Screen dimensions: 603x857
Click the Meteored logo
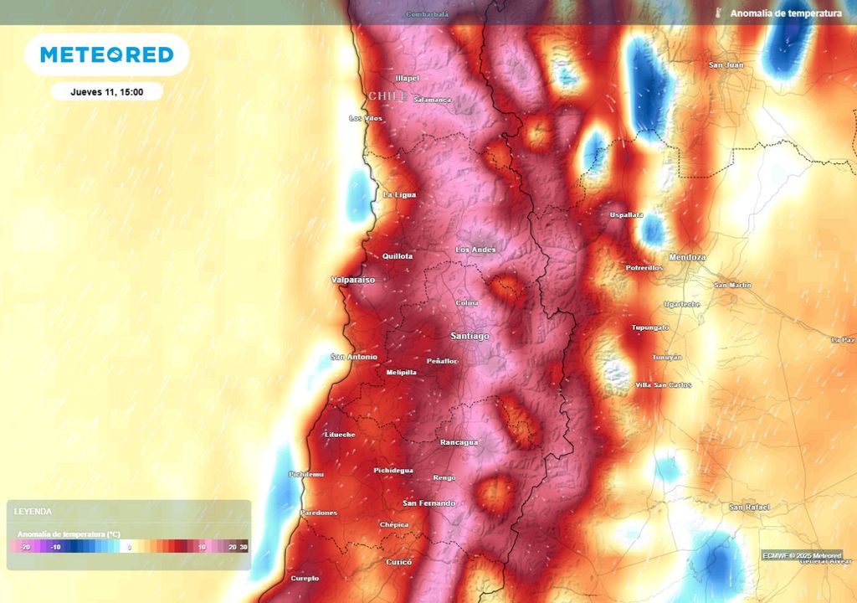(x=106, y=55)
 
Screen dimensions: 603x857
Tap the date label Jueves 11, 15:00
(x=106, y=92)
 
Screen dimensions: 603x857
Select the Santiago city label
(x=470, y=336)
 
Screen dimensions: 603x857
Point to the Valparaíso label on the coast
(x=353, y=279)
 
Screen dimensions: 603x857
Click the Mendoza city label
(x=687, y=257)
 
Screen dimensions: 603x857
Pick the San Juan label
(x=726, y=64)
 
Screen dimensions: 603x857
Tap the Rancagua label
(x=459, y=442)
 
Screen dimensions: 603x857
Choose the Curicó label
(x=398, y=562)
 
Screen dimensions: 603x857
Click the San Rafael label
(x=748, y=508)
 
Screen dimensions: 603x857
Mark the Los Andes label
(x=475, y=250)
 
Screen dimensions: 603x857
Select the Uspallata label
(x=626, y=215)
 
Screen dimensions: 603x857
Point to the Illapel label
(x=407, y=78)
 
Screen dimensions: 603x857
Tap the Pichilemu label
(x=305, y=474)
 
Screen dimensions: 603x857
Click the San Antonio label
(x=354, y=357)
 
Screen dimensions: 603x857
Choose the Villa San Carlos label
(x=664, y=384)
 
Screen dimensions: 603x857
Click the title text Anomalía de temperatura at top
(x=786, y=13)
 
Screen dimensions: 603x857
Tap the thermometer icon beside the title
(x=719, y=13)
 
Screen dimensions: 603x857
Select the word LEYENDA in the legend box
(x=33, y=511)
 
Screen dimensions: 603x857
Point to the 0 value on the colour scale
(x=130, y=547)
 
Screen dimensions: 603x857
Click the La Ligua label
(x=398, y=195)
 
